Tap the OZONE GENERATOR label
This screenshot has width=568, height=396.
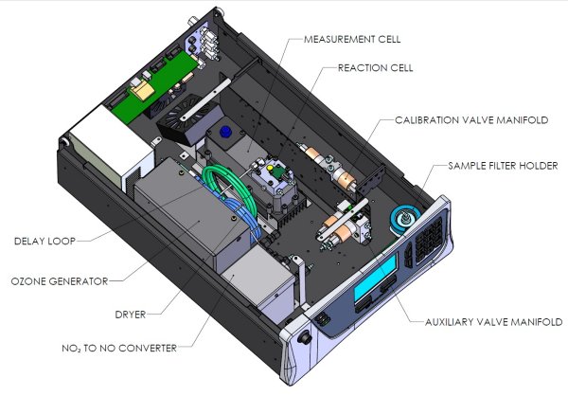pos(58,280)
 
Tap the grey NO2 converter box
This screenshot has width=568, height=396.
pos(255,284)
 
